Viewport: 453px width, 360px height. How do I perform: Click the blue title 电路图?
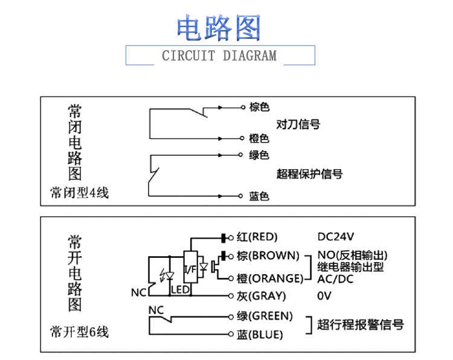point(219,28)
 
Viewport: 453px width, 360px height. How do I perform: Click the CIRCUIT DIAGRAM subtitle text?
point(219,56)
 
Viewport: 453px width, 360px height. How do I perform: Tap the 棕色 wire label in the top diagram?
point(259,107)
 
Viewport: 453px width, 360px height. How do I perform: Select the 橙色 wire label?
point(259,138)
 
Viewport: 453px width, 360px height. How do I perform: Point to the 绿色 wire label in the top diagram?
point(259,155)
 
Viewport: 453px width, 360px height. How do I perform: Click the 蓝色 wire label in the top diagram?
point(259,196)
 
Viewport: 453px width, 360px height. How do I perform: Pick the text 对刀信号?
point(298,124)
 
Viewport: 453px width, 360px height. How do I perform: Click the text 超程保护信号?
point(309,174)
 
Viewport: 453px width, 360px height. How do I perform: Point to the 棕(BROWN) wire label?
point(268,255)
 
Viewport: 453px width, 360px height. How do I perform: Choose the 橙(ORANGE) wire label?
point(269,278)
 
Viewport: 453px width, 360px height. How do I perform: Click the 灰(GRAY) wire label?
point(261,296)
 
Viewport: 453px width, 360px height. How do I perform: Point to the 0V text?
point(324,296)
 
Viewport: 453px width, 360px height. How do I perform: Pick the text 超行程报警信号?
point(361,324)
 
